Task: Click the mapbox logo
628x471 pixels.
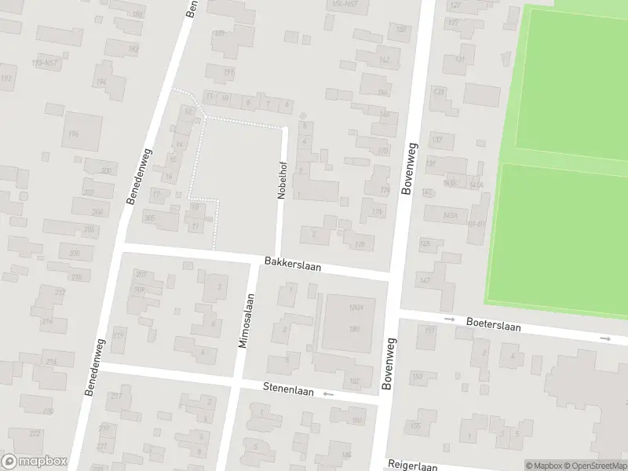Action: click(x=34, y=461)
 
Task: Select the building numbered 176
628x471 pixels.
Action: click(x=74, y=135)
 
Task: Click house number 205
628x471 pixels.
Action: click(x=149, y=217)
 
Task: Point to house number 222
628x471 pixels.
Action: click(x=35, y=433)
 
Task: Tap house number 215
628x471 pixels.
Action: click(x=118, y=336)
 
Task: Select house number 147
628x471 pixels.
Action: click(x=425, y=281)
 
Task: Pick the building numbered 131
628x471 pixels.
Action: click(x=461, y=60)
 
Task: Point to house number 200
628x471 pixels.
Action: click(x=106, y=170)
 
